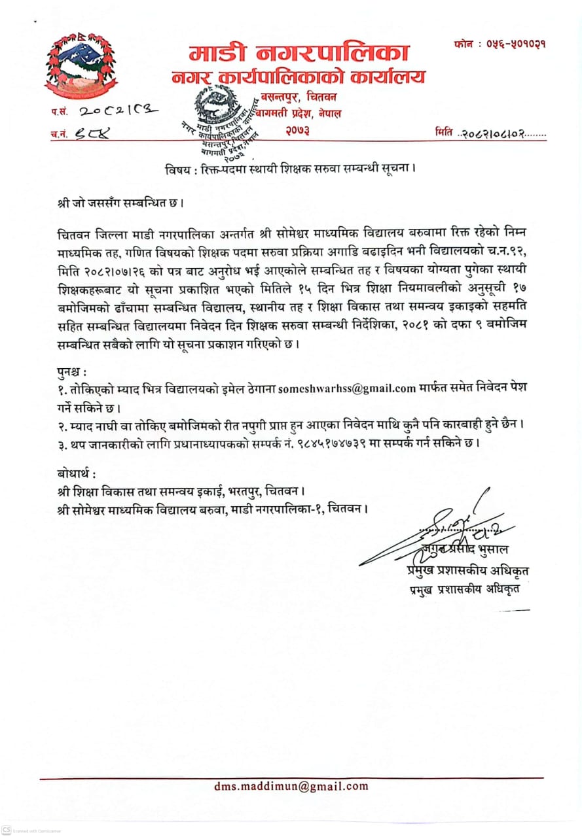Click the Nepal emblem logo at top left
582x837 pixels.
tap(81, 65)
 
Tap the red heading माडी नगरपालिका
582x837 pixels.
tap(299, 52)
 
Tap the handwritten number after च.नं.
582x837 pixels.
tap(94, 133)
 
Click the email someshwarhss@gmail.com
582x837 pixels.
tap(347, 388)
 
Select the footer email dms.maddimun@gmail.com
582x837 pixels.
tap(291, 787)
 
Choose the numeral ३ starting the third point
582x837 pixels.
tap(60, 443)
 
